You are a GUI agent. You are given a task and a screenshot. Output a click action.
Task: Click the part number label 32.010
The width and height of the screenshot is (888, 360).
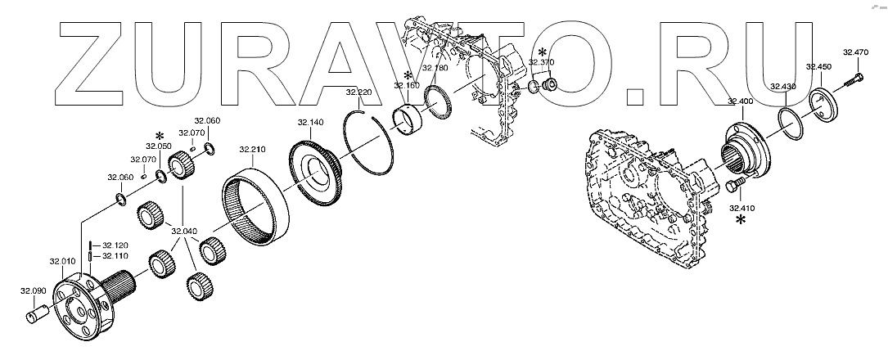click(61, 262)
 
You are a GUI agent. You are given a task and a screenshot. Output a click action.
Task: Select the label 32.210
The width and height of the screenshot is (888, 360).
click(251, 150)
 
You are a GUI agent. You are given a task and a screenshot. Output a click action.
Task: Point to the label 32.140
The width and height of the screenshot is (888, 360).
click(310, 122)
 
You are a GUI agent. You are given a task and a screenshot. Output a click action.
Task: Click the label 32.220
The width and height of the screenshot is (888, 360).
click(358, 92)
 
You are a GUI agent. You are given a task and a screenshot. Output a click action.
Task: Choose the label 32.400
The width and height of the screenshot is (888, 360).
click(740, 102)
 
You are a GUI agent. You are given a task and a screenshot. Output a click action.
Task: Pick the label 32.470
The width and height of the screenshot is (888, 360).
click(855, 52)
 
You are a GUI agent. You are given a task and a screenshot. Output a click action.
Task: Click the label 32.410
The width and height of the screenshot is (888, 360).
click(741, 208)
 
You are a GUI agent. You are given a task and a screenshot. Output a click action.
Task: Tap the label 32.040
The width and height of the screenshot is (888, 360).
click(184, 231)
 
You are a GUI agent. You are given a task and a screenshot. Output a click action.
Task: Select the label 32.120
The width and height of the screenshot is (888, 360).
click(115, 245)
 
